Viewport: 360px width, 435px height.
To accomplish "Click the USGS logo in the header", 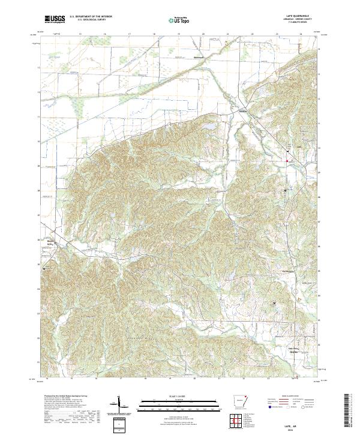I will tap(55, 20).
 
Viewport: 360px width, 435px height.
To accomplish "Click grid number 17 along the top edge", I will tap(130, 35).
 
